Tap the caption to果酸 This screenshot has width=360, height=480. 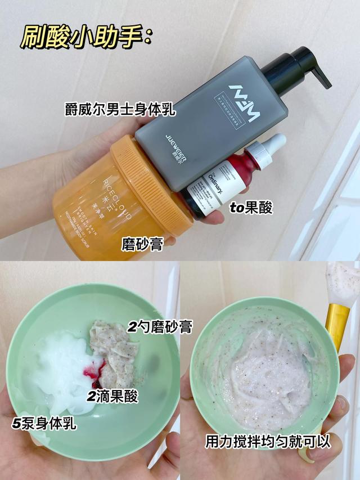tap(251, 208)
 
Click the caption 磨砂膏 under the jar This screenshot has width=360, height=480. tap(142, 243)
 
